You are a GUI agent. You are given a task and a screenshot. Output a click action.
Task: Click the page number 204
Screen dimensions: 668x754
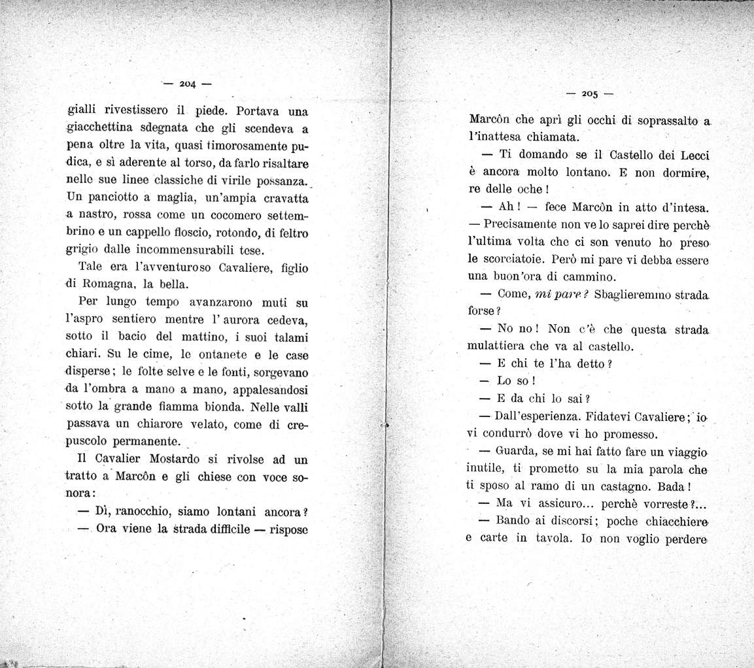click(x=188, y=84)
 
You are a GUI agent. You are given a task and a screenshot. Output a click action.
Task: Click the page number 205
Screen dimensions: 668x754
click(x=589, y=93)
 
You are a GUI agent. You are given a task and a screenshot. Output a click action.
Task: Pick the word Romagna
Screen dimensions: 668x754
click(x=112, y=284)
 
